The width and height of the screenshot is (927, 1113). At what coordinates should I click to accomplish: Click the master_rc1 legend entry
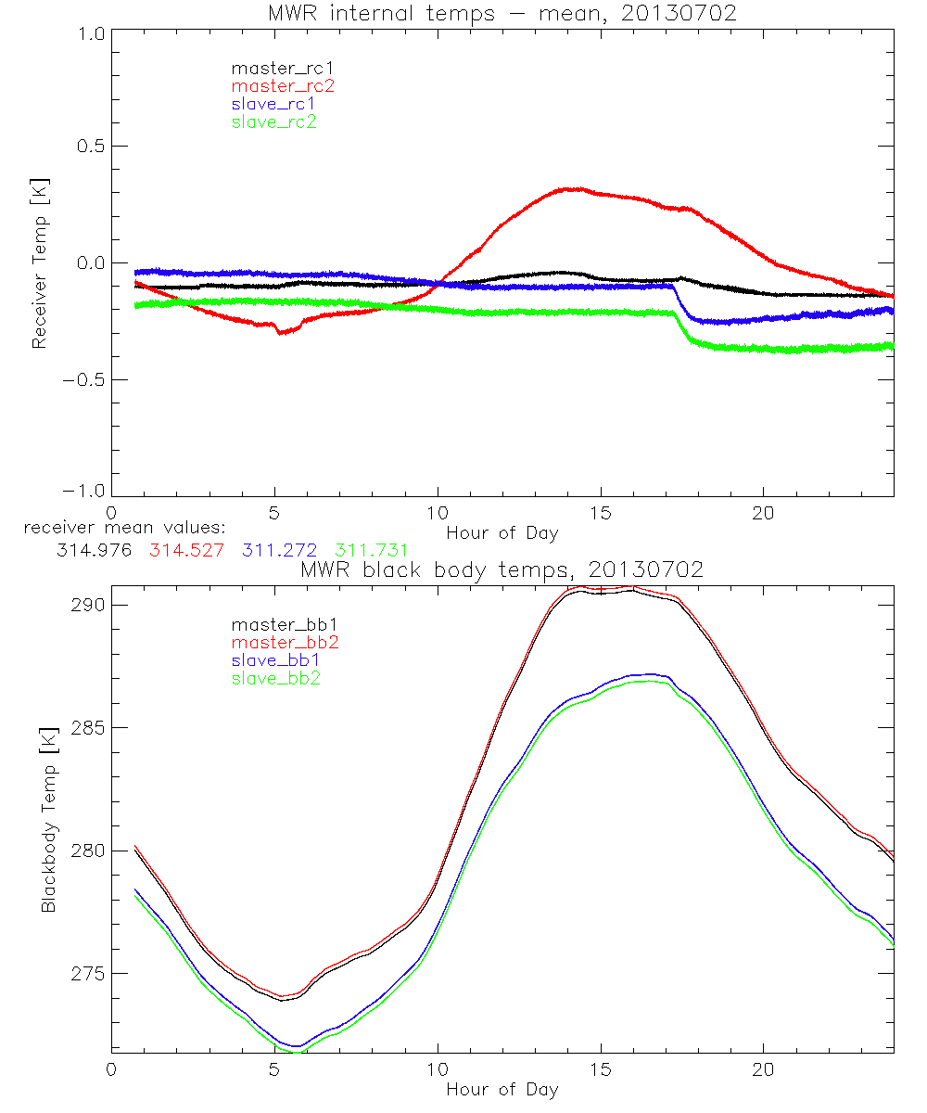pyautogui.click(x=273, y=68)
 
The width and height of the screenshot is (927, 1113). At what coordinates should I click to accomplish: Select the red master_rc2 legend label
pyautogui.click(x=283, y=85)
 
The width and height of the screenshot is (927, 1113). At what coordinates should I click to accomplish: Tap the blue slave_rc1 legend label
pyautogui.click(x=273, y=104)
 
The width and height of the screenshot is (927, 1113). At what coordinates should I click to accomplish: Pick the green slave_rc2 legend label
pyautogui.click(x=273, y=122)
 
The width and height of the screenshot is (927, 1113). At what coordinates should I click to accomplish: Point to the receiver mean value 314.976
pyautogui.click(x=95, y=550)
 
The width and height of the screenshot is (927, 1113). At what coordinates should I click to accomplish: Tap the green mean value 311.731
pyautogui.click(x=371, y=550)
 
